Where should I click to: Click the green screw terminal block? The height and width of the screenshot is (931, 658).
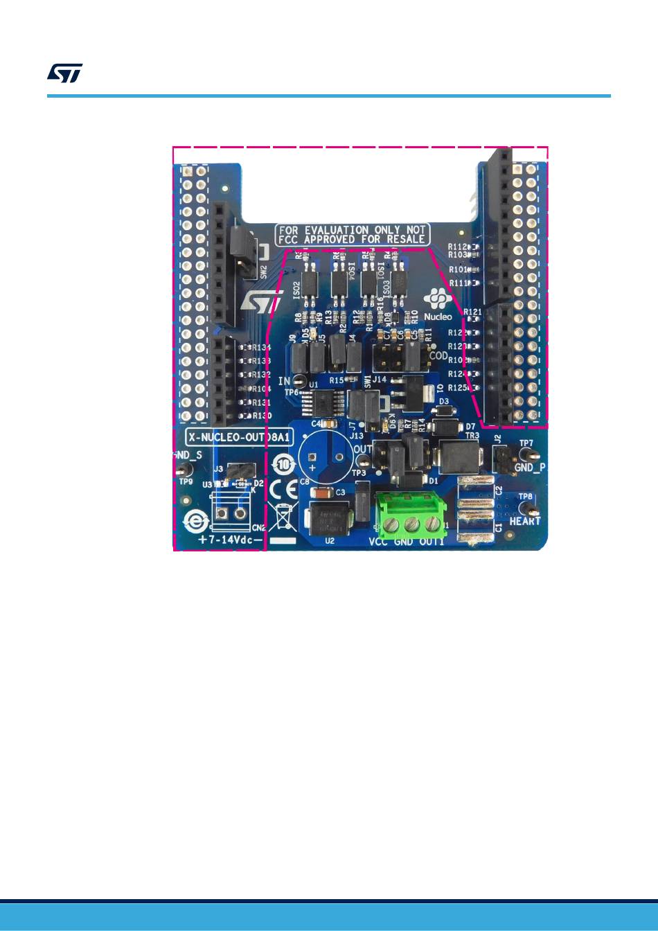click(411, 514)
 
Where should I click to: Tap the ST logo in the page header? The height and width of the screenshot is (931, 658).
click(65, 73)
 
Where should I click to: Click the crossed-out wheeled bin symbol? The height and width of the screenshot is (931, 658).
click(283, 517)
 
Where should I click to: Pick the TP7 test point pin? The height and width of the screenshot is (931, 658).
click(526, 454)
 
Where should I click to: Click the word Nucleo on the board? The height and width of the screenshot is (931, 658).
click(438, 317)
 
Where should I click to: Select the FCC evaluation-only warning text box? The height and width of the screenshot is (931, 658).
click(352, 234)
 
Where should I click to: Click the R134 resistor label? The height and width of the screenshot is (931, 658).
click(261, 348)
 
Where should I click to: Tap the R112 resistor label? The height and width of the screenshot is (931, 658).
click(457, 247)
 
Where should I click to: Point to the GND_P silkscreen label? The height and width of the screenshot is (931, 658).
click(530, 468)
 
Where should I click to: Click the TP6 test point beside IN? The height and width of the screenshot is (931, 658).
click(299, 380)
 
